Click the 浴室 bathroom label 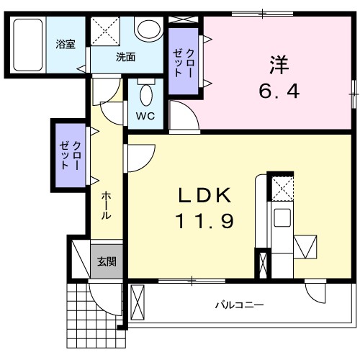click(66, 44)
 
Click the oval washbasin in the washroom click(149, 30)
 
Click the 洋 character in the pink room click(279, 66)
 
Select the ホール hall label click(106, 205)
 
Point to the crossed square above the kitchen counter click(281, 189)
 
